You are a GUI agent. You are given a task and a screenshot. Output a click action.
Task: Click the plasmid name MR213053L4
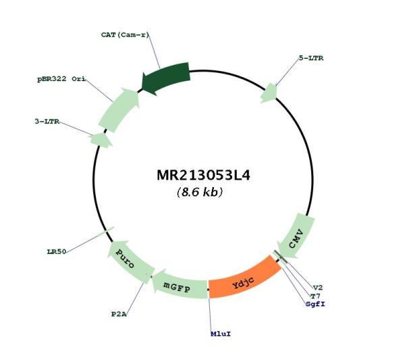[x=203, y=175]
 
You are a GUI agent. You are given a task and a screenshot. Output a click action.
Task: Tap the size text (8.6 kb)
[x=200, y=192]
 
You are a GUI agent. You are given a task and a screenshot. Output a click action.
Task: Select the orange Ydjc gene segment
[x=244, y=278]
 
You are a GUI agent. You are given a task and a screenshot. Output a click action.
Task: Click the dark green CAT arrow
[x=166, y=78]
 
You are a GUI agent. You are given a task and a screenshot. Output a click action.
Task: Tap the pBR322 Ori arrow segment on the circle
[x=119, y=109]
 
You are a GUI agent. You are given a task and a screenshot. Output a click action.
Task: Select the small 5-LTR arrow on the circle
[x=269, y=93]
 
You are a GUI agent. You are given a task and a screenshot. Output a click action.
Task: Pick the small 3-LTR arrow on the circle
[x=101, y=140]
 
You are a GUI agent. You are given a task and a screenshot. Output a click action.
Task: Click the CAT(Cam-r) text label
[x=126, y=34]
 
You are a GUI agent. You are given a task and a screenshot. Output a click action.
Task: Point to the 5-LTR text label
[x=311, y=58]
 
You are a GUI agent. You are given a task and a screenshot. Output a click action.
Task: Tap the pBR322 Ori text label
[x=61, y=79]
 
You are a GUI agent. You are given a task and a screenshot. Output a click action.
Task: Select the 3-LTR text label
[x=47, y=121]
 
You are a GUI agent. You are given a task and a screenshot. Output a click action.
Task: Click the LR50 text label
[x=57, y=251]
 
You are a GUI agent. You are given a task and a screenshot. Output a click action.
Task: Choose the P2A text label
[x=119, y=314]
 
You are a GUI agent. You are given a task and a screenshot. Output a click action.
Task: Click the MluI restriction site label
[x=221, y=334]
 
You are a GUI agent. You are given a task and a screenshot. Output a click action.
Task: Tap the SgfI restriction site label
[x=315, y=304]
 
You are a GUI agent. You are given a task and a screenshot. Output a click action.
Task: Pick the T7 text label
[x=315, y=296]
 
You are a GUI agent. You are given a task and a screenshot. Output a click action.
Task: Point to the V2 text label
[x=318, y=288]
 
